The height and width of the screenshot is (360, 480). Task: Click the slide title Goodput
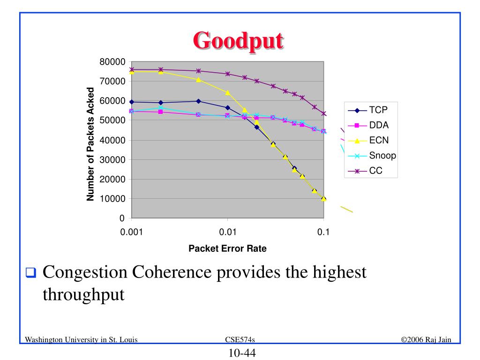[x=239, y=41]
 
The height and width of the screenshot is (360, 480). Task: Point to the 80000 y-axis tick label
[x=112, y=62]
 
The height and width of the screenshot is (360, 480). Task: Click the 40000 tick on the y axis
[x=112, y=140]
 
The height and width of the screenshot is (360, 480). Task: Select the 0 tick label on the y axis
[x=122, y=218]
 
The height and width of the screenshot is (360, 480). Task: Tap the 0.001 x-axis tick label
[x=131, y=232]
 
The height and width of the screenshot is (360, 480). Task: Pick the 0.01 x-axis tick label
[x=227, y=232]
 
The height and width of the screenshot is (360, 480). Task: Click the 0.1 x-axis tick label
[x=323, y=232]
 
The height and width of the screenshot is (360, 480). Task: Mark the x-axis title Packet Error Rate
[x=227, y=249]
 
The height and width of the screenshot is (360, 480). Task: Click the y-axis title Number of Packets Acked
[x=90, y=144]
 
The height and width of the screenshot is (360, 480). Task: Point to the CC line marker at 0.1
[x=323, y=114]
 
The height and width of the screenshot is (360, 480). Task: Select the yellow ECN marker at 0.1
[x=323, y=198]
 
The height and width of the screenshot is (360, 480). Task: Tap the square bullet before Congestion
[x=30, y=273]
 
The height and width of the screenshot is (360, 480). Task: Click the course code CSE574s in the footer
[x=240, y=339]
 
